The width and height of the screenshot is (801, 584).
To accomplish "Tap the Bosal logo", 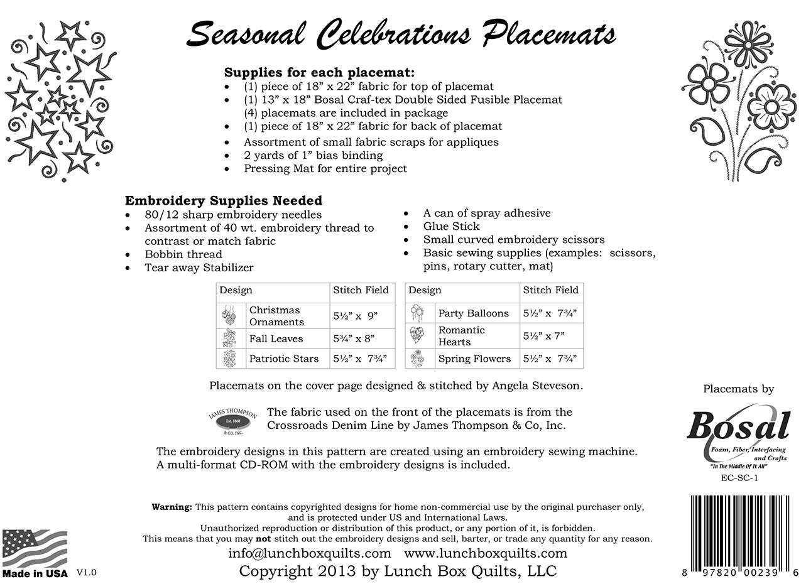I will (x=738, y=429).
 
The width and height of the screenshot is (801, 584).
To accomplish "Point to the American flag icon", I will (x=35, y=548).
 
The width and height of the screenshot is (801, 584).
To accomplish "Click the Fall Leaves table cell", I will (x=276, y=339).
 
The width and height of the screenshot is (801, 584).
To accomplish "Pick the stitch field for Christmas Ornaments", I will (x=355, y=316).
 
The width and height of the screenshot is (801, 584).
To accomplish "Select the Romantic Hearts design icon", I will (x=417, y=335).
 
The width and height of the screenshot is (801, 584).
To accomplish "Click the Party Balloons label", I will (x=473, y=313).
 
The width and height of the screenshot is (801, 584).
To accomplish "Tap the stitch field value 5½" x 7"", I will (x=544, y=336).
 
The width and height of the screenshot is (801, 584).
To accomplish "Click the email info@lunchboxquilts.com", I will (x=309, y=554).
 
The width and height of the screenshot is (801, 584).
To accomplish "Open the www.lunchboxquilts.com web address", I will (x=485, y=554).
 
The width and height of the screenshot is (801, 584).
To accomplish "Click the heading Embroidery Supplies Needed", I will (x=224, y=201).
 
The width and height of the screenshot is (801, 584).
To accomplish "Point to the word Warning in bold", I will (x=172, y=507).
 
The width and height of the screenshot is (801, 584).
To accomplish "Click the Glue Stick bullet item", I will (x=451, y=226).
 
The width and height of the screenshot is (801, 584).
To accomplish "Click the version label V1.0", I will (x=87, y=573).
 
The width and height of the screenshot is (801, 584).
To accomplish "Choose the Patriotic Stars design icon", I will (x=226, y=359).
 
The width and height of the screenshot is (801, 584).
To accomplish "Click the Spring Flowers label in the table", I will (x=474, y=359).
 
